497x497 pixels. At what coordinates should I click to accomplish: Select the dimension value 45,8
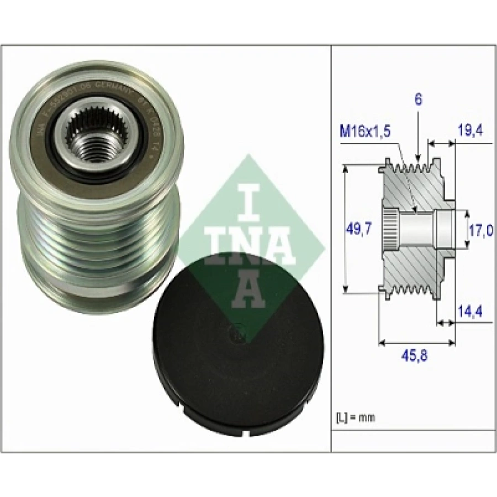pyautogui.click(x=416, y=356)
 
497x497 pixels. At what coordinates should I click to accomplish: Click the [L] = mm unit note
pyautogui.click(x=355, y=417)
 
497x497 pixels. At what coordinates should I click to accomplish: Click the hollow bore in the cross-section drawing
pyautogui.click(x=420, y=230)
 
